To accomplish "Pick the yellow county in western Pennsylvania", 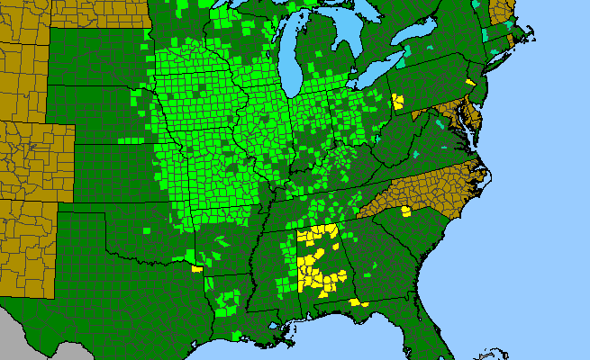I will click(x=397, y=100).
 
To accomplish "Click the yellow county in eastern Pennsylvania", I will click(x=470, y=82).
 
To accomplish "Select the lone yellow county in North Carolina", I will click(x=406, y=211).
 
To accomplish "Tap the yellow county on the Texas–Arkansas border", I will click(x=197, y=267).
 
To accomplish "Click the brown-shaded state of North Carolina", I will click(x=423, y=193).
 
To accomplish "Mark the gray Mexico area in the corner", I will click(x=14, y=333).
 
